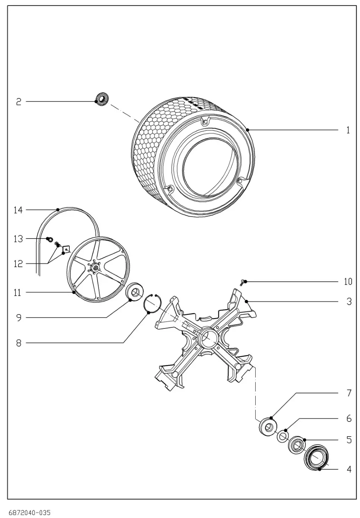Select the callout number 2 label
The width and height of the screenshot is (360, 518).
coord(18,102)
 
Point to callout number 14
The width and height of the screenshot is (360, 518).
coord(18,210)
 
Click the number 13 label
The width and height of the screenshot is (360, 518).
coord(18,239)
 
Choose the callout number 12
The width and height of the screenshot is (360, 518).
coord(18,264)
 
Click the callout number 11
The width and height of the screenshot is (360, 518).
coord(17,293)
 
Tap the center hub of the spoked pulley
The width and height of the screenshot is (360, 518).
coord(95,268)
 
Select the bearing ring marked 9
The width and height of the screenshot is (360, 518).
coord(134,292)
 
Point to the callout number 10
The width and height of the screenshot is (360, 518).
coord(348,282)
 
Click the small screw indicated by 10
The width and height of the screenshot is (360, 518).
coord(244,281)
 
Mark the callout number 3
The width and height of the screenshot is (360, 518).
coord(349,302)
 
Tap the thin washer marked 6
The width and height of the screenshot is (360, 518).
coord(282,437)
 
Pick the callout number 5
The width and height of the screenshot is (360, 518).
coord(349,440)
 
